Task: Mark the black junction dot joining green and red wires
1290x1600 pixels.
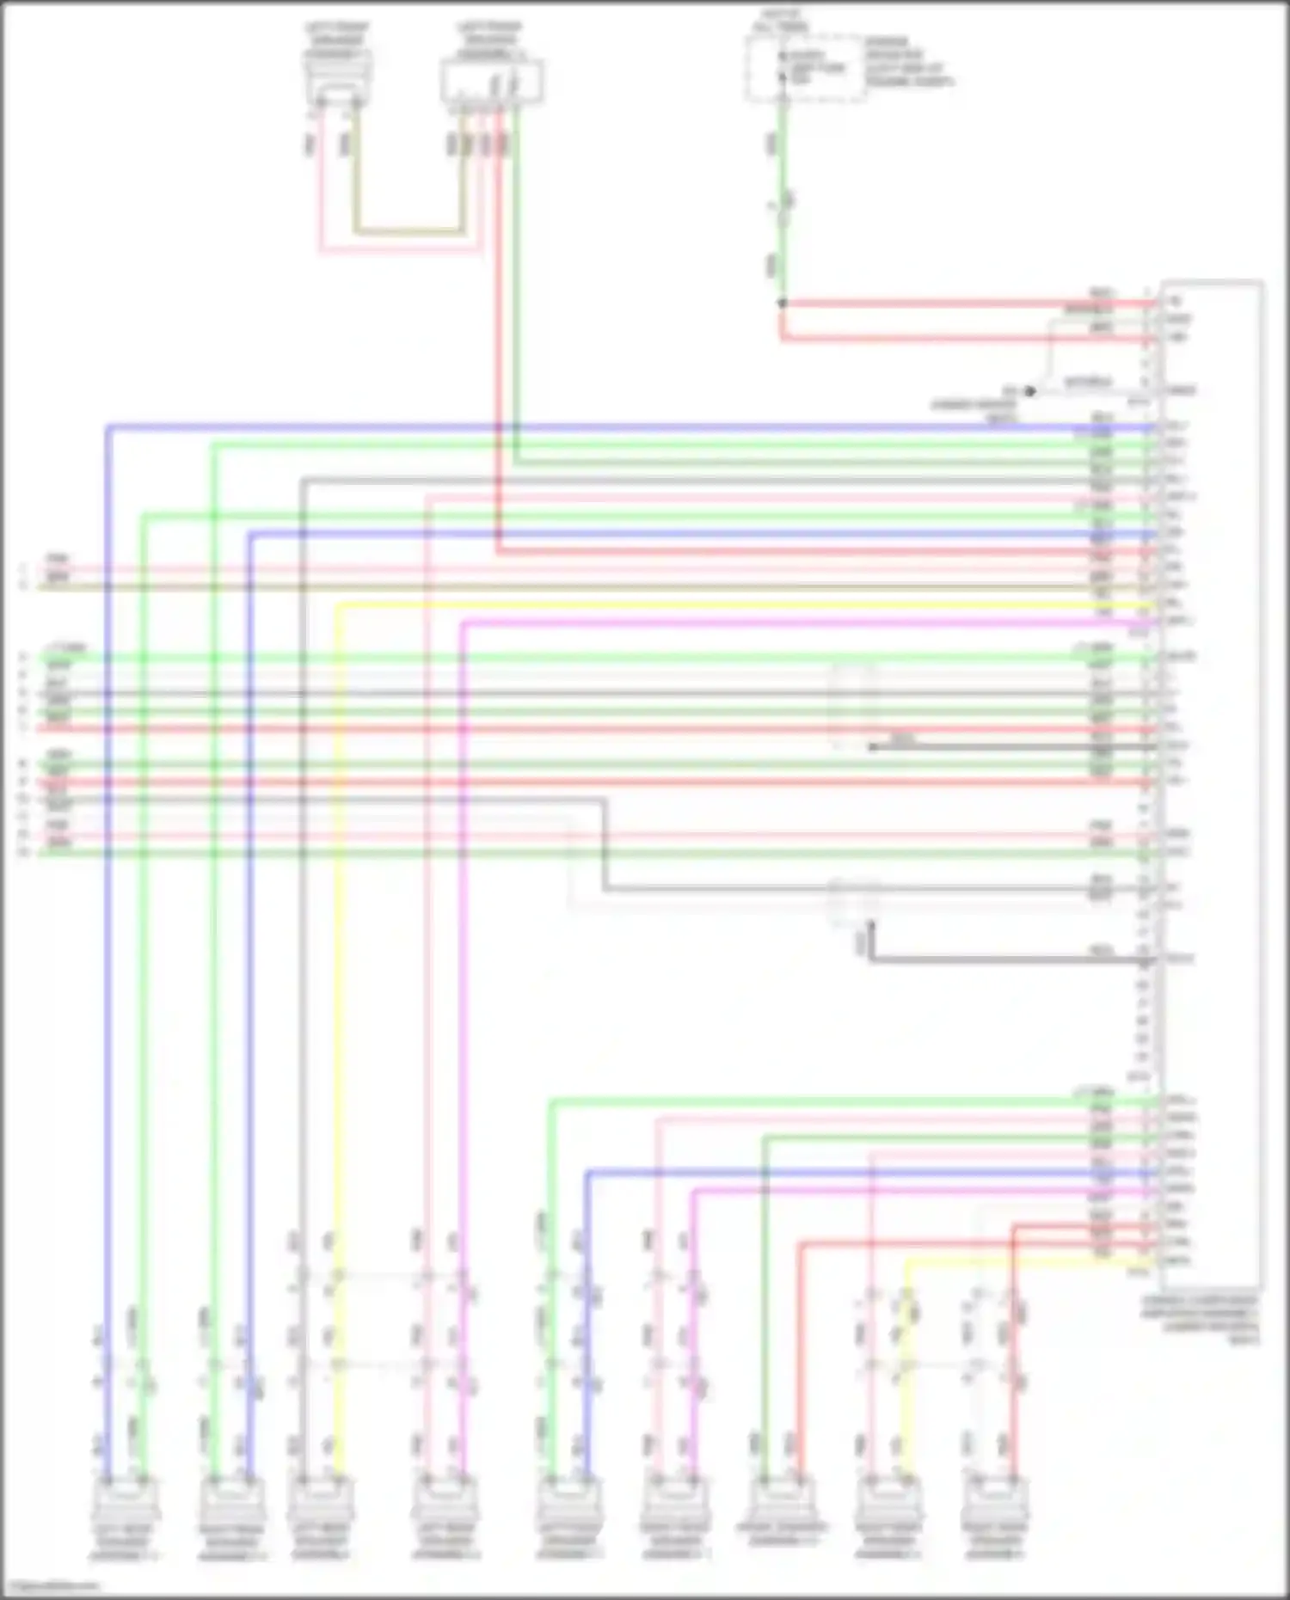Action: click(782, 303)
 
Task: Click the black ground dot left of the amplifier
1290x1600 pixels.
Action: click(1029, 392)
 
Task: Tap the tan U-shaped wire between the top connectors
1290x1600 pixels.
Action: click(408, 231)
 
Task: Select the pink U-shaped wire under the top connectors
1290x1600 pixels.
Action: click(400, 252)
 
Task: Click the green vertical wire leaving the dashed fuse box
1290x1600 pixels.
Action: click(782, 198)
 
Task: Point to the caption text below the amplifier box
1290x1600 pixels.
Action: click(1201, 1320)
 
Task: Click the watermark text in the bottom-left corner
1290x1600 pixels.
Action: click(52, 1586)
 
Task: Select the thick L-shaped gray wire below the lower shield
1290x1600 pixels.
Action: click(989, 959)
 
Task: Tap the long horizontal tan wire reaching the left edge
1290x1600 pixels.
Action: click(516, 587)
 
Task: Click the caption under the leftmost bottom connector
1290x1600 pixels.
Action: click(126, 1544)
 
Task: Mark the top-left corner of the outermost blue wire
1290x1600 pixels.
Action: click(107, 426)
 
